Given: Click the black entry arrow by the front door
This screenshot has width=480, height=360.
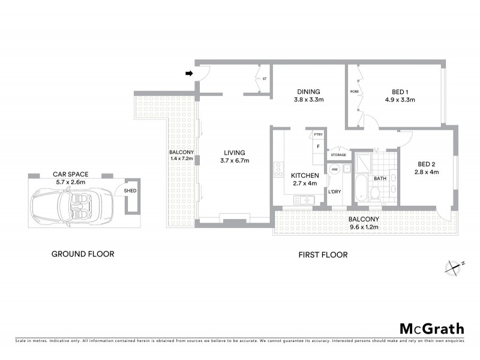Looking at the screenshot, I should coord(189,74).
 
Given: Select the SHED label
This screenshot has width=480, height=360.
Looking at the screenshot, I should coord(130,191).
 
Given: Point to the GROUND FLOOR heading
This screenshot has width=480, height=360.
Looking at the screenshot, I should coord(82,254).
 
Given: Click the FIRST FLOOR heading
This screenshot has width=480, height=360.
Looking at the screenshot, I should coord(323,254).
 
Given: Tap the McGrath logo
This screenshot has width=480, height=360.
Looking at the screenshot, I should coord(431,328).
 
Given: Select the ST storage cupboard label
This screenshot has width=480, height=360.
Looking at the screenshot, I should coord(265,79).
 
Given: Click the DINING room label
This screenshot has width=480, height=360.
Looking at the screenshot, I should coord(308,92).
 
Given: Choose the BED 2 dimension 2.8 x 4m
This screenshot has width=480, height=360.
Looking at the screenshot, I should coord(427,172).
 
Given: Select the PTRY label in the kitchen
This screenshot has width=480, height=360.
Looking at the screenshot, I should coord(318,134).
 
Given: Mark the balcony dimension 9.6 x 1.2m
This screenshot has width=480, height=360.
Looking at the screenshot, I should coord(365,227).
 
